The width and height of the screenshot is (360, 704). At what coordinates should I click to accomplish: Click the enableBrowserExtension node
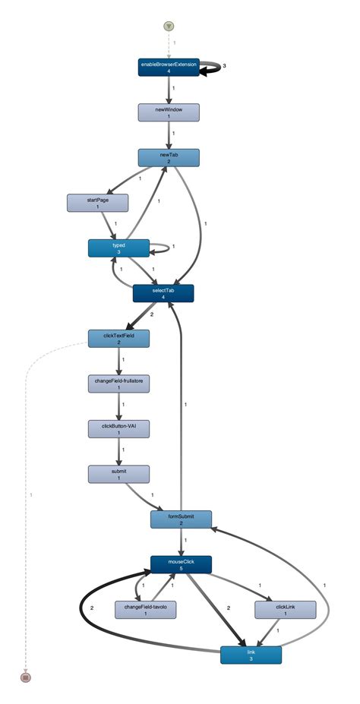coord(168,68)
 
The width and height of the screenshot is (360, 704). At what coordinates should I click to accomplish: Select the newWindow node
coord(168,112)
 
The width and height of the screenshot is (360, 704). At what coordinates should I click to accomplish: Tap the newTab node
coord(168,157)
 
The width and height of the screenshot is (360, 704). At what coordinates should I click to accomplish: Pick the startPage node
coord(97,202)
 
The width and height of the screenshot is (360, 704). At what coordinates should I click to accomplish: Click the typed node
coord(118,248)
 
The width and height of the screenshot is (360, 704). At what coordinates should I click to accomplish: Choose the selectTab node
coord(163,293)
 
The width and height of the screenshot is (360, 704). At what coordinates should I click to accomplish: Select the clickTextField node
coord(118,338)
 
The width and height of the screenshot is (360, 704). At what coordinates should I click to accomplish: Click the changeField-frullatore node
coord(118,384)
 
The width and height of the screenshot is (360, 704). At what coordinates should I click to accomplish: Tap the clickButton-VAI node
coord(118,428)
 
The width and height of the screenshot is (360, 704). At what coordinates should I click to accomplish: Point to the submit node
coord(118,474)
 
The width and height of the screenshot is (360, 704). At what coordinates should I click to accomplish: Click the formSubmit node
coord(181,519)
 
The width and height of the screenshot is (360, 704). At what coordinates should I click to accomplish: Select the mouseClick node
coord(181,564)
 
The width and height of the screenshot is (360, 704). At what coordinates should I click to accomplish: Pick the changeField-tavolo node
coord(144,609)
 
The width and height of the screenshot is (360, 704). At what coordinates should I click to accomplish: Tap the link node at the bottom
coord(251,654)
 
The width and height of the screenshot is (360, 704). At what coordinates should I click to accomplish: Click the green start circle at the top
coord(168,27)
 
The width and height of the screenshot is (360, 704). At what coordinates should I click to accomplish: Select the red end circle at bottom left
coord(25,676)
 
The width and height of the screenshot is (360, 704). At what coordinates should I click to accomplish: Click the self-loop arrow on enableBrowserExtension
coord(213,67)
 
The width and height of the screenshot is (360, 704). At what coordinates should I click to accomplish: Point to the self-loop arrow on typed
coord(162,247)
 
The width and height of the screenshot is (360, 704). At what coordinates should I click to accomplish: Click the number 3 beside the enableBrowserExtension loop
coord(225,66)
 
